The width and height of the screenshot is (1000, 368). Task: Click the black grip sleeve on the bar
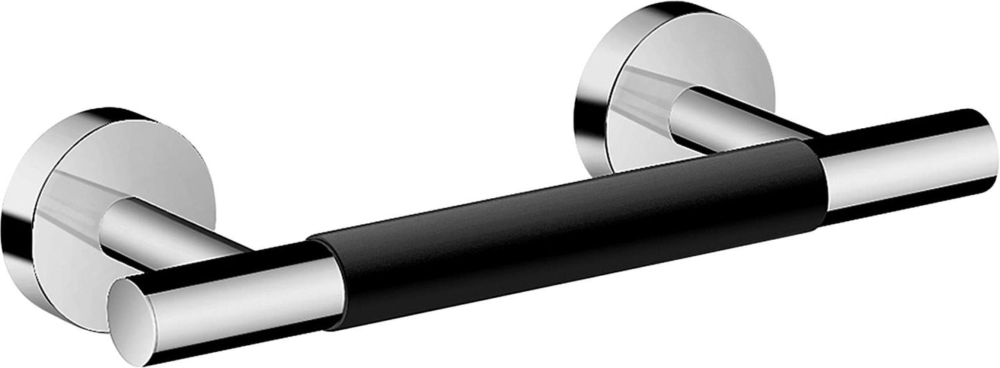pos(567,236)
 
